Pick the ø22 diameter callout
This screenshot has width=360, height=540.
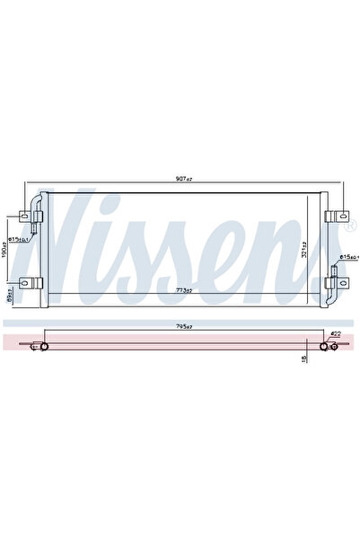(334, 334)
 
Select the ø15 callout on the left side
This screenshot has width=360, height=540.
(19, 239)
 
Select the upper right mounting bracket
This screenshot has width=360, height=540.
(334, 217)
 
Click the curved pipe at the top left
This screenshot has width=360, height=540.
(35, 199)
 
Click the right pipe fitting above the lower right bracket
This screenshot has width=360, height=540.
(331, 268)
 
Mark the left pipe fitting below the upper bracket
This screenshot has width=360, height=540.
(36, 237)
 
